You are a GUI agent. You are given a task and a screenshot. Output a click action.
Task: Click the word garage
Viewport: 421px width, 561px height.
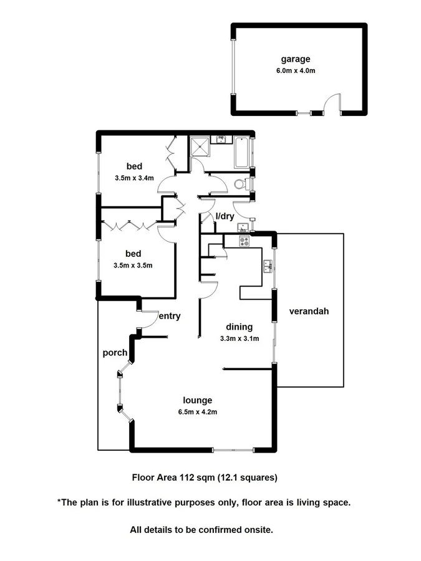[x=295, y=59]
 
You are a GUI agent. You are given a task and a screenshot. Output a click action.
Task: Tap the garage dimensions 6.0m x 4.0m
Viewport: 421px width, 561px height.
[x=295, y=70]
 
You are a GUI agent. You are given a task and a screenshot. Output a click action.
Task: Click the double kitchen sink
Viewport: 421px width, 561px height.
[x=268, y=266]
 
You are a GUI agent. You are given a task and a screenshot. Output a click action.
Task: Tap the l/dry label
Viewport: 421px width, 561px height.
[x=225, y=216]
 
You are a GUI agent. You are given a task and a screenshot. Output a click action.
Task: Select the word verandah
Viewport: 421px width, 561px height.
[x=308, y=311]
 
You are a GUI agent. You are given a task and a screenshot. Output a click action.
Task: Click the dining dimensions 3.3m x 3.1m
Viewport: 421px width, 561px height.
[x=240, y=338]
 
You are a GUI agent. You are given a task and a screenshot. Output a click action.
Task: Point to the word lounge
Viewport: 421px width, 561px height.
[x=197, y=400]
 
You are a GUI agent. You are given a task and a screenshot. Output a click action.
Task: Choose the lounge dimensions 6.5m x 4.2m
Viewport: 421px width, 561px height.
[x=197, y=411]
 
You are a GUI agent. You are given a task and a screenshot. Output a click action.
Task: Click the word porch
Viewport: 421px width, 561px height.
[x=115, y=353]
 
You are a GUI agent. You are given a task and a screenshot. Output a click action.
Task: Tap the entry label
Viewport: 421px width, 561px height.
[x=169, y=316]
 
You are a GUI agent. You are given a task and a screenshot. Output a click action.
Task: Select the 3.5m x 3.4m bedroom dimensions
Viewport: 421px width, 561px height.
[x=134, y=178]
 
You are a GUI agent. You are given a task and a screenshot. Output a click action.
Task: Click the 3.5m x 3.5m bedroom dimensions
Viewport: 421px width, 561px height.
[x=133, y=265]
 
